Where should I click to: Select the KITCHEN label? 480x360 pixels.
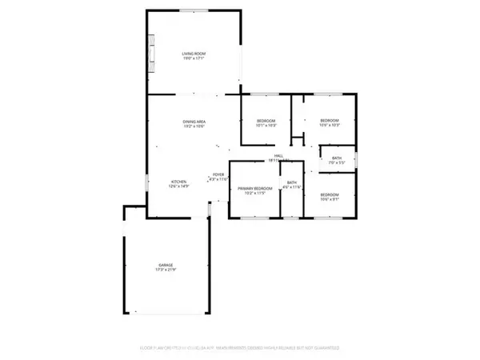click(179, 182)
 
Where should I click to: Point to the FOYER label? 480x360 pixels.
click(218, 174)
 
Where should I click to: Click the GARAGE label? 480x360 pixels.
click(166, 265)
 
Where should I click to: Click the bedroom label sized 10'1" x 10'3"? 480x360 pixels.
click(265, 120)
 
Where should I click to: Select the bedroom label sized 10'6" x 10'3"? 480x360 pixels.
click(330, 120)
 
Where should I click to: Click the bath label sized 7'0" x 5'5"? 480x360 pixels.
click(337, 158)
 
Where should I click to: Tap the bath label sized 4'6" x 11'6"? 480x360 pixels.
click(292, 183)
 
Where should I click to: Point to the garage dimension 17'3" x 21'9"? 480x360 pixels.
click(166, 270)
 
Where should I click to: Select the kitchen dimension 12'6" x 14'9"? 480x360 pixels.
click(179, 186)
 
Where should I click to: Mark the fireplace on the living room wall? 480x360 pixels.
click(150, 53)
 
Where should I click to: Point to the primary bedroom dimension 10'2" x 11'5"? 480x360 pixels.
click(255, 193)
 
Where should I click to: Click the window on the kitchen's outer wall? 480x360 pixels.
click(146, 182)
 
